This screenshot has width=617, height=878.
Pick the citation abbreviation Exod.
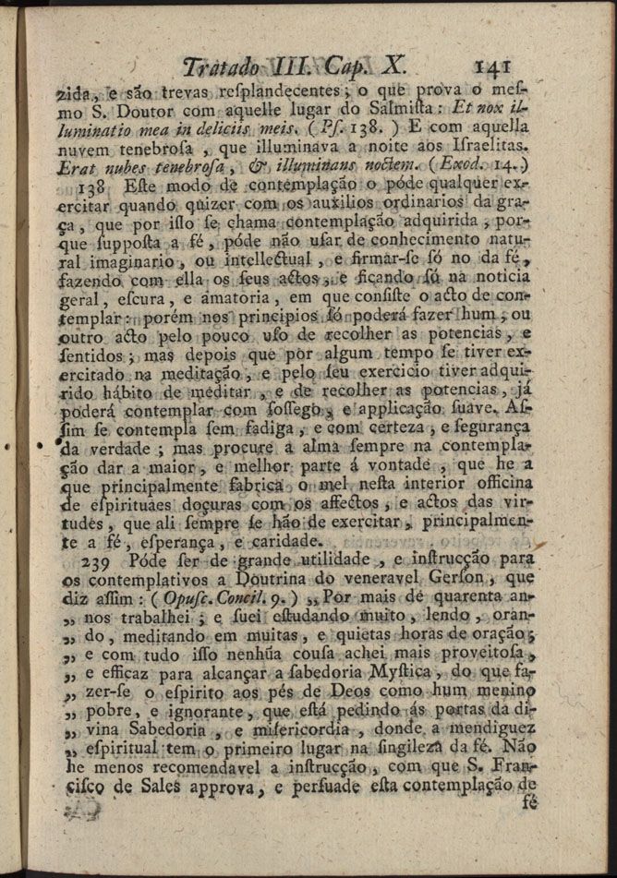[x=458, y=166]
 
